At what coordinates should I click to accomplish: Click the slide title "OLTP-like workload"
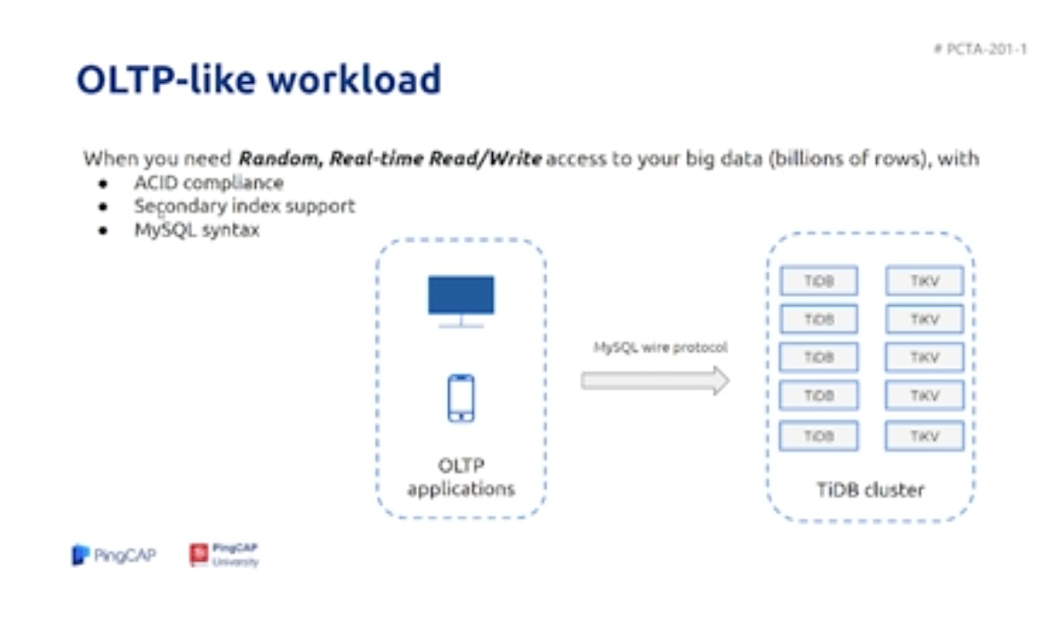[x=260, y=81]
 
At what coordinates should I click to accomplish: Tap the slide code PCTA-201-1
[x=980, y=48]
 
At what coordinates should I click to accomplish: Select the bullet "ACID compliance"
[x=209, y=183]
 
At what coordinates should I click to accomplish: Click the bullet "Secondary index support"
[x=244, y=207]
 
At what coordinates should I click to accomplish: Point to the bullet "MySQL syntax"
[x=196, y=230]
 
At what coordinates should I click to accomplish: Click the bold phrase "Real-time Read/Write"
[x=436, y=159]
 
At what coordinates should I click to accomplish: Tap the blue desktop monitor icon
[x=461, y=302]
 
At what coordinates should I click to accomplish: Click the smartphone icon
[x=461, y=398]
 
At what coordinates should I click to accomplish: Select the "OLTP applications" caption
[x=461, y=477]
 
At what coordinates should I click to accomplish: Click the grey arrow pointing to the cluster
[x=655, y=380]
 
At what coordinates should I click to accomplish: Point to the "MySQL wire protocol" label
[x=660, y=347]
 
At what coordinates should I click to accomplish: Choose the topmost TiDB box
[x=819, y=281]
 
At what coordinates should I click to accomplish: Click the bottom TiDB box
[x=819, y=436]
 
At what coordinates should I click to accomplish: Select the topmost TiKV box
[x=924, y=281]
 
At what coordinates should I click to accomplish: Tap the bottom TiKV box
[x=924, y=436]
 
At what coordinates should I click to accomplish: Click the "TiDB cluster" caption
[x=870, y=490]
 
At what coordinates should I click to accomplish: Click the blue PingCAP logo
[x=114, y=555]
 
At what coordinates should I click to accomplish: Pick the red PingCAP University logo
[x=225, y=555]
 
